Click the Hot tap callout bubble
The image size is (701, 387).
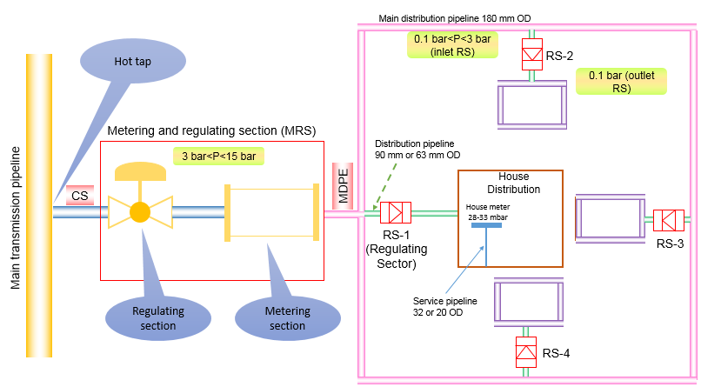point(132,63)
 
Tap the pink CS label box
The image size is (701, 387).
point(80,196)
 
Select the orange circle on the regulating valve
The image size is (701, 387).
point(139,212)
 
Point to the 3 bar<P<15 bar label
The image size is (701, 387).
point(218,157)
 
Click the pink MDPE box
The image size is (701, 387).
point(342,186)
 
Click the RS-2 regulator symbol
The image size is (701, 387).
point(531,54)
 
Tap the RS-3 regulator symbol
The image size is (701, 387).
point(669,218)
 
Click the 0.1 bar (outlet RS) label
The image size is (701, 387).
point(621,81)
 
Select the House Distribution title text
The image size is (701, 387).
point(513,183)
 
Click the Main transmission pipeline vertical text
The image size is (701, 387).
point(15,205)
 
